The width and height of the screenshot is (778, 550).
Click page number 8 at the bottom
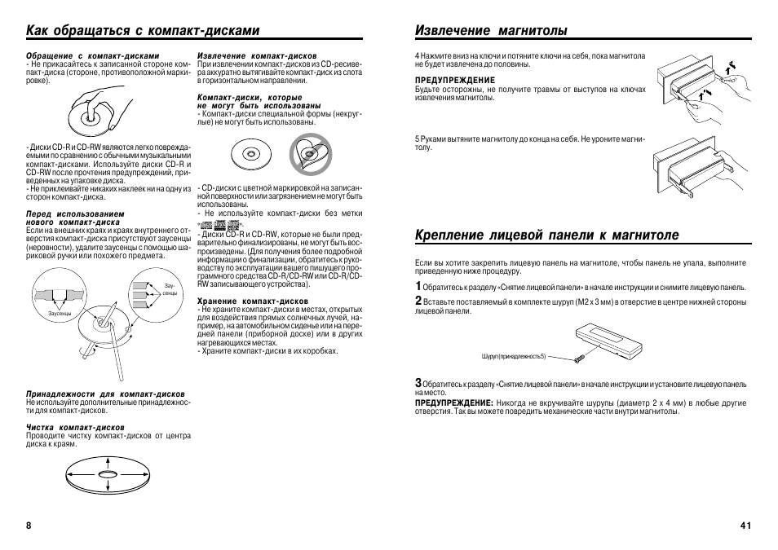click(29, 526)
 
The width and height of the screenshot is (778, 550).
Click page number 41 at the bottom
click(745, 526)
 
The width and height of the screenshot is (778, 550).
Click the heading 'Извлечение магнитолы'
click(491, 30)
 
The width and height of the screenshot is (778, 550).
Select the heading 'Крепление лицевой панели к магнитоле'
click(546, 235)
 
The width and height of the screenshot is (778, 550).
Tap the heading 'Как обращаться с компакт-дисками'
click(142, 30)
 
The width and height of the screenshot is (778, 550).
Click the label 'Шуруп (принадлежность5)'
click(514, 357)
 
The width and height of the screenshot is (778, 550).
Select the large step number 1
click(418, 286)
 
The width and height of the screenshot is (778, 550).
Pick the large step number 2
click(418, 301)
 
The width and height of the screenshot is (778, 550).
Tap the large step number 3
click(418, 382)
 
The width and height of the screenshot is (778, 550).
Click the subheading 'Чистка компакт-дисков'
click(75, 427)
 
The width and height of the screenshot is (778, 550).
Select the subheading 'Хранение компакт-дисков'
click(247, 301)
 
